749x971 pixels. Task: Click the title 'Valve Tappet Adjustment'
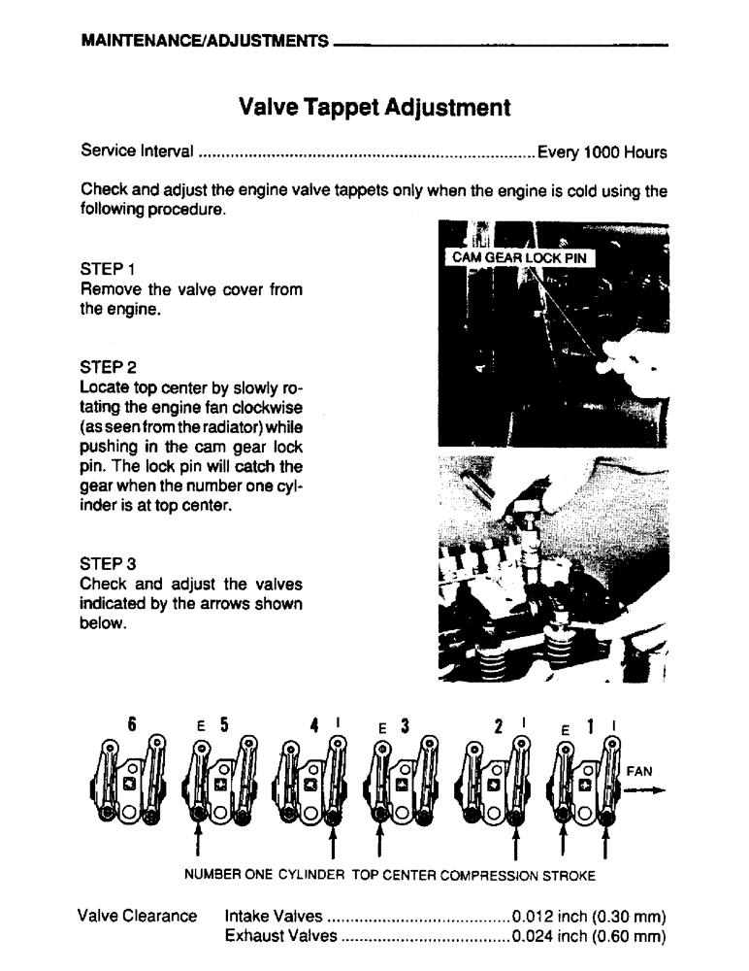pyautogui.click(x=374, y=106)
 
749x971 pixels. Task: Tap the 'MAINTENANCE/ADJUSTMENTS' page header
pyautogui.click(x=204, y=44)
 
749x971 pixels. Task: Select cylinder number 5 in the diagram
pyautogui.click(x=223, y=723)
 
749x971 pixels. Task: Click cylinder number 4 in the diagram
pyautogui.click(x=314, y=723)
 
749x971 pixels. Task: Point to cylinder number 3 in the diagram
pyautogui.click(x=405, y=723)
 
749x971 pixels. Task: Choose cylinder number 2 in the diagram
pyautogui.click(x=497, y=723)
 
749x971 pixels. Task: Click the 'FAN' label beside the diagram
pyautogui.click(x=641, y=771)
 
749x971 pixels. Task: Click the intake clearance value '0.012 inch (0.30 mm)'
pyautogui.click(x=589, y=916)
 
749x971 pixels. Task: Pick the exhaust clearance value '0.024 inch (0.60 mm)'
pyautogui.click(x=589, y=936)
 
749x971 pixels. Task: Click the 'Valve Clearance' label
pyautogui.click(x=137, y=916)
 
